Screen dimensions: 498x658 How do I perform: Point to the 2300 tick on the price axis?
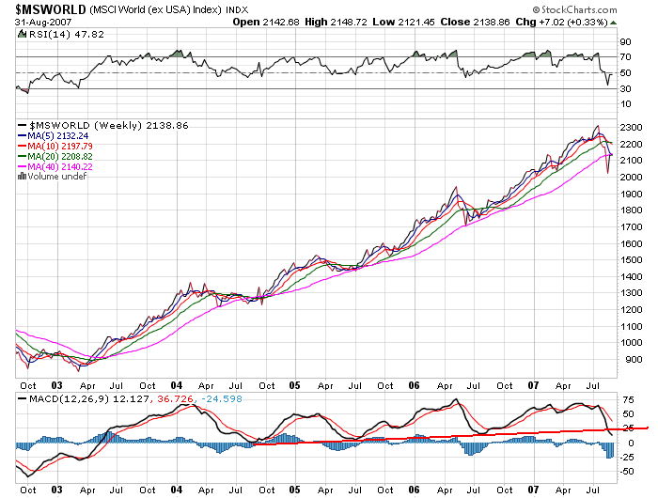click(631, 126)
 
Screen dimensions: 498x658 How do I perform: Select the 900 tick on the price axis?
click(628, 359)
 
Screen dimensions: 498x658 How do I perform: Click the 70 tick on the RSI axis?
click(624, 57)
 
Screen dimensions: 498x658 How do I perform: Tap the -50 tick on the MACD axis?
click(627, 472)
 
